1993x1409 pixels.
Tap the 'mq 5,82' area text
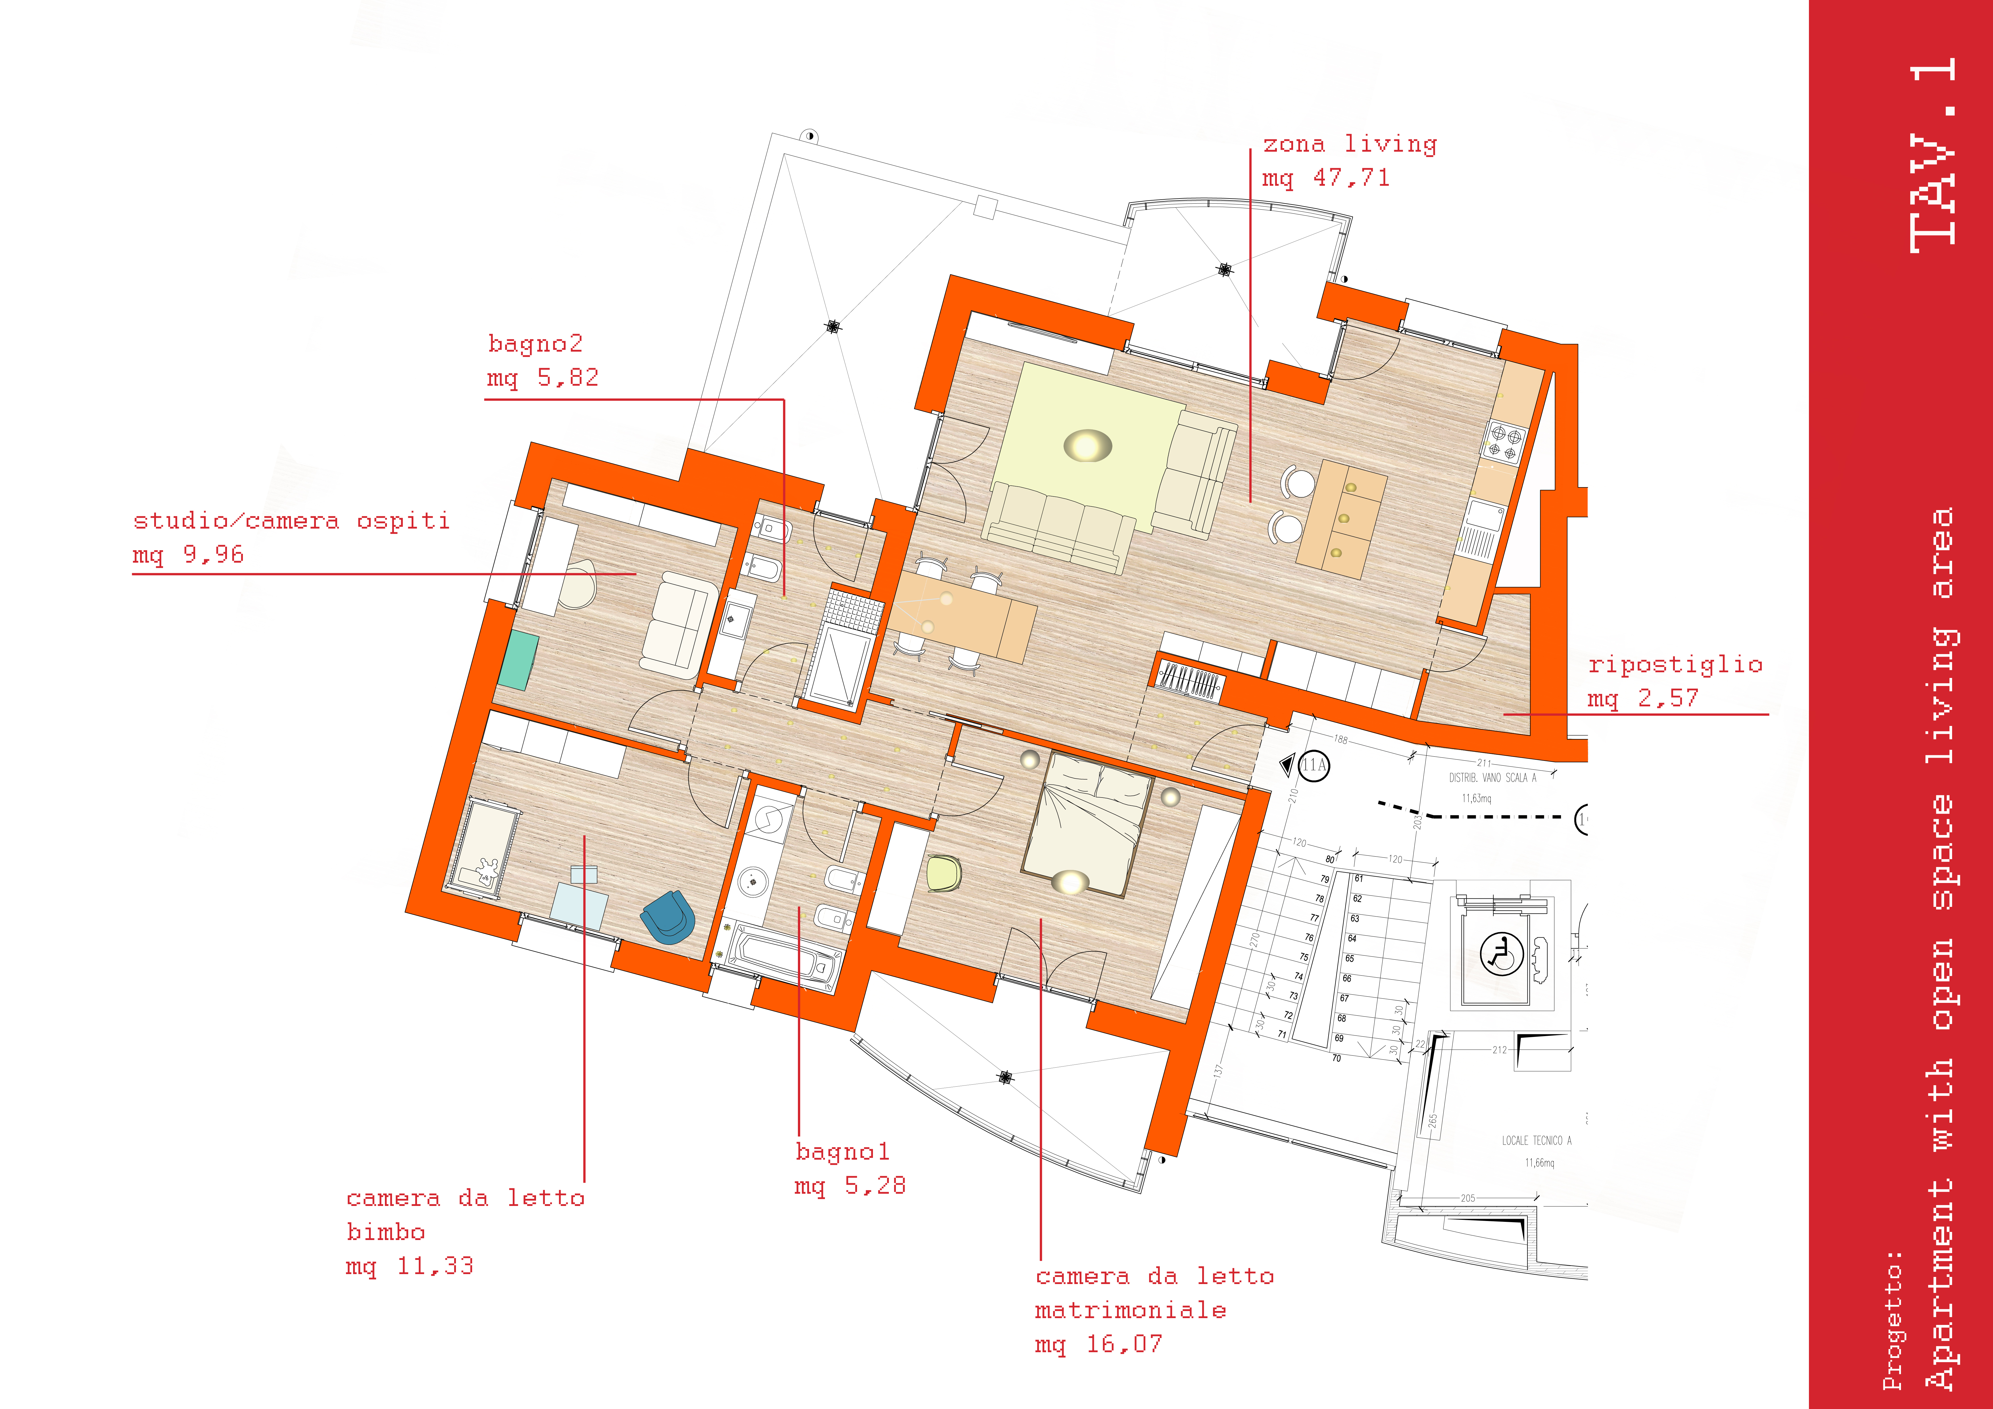click(543, 378)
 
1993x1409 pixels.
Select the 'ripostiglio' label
click(1675, 665)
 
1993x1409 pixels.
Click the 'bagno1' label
click(842, 1152)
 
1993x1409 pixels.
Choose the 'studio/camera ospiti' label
click(292, 521)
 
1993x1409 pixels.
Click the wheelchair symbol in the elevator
click(1501, 955)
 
